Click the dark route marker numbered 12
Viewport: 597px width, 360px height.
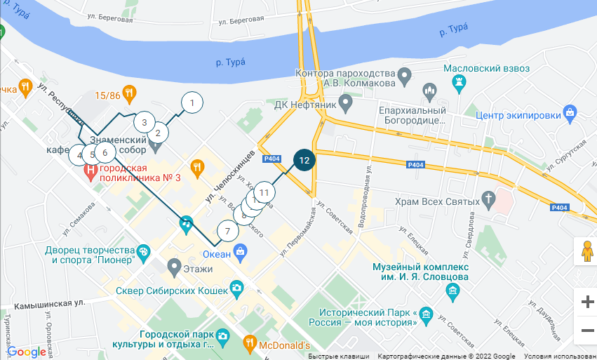(x=304, y=160)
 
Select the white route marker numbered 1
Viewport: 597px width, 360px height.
(x=192, y=103)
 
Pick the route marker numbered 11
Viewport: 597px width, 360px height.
(x=264, y=192)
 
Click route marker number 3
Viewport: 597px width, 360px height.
(x=144, y=122)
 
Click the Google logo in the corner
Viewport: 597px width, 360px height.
(x=26, y=352)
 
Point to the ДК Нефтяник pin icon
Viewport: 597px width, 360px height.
(x=345, y=105)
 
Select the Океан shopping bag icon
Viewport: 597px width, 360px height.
(x=241, y=251)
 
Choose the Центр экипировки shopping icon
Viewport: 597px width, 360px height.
(x=570, y=112)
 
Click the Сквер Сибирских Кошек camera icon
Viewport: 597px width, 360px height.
(x=236, y=288)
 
